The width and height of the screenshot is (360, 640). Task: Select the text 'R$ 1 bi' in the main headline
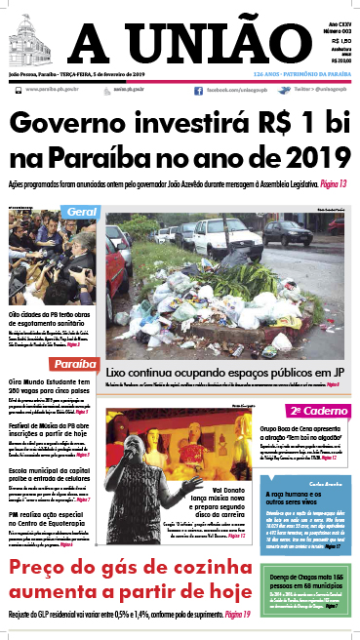[x=292, y=126]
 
